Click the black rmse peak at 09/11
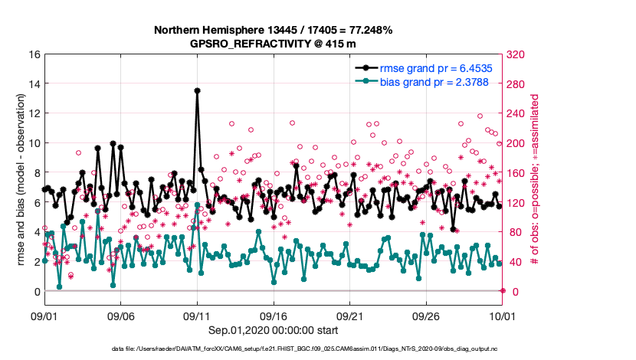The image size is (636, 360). click(x=197, y=90)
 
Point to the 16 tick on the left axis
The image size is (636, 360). click(x=34, y=54)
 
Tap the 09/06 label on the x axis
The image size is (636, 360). click(x=121, y=315)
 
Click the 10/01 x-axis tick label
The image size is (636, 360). click(x=502, y=315)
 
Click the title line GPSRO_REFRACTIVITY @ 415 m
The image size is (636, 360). click(x=273, y=44)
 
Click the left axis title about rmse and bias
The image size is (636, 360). click(x=19, y=173)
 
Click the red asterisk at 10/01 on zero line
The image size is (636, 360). click(x=503, y=290)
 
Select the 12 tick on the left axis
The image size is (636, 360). click(x=34, y=113)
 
